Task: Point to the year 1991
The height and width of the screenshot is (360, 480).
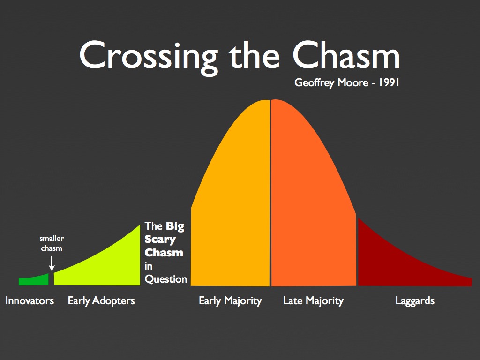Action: [386, 83]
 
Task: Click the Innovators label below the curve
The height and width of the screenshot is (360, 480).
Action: [30, 300]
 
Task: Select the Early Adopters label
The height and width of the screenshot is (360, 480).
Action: [101, 300]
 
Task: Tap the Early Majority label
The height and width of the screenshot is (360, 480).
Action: [230, 300]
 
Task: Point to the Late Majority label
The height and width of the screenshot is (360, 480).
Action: [313, 300]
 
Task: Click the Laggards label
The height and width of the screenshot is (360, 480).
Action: [415, 300]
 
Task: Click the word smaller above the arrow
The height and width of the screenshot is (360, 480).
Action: [52, 239]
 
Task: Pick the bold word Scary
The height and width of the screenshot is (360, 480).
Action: [160, 240]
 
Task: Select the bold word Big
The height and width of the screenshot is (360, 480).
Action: [175, 226]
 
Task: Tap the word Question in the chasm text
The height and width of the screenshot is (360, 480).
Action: [166, 279]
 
